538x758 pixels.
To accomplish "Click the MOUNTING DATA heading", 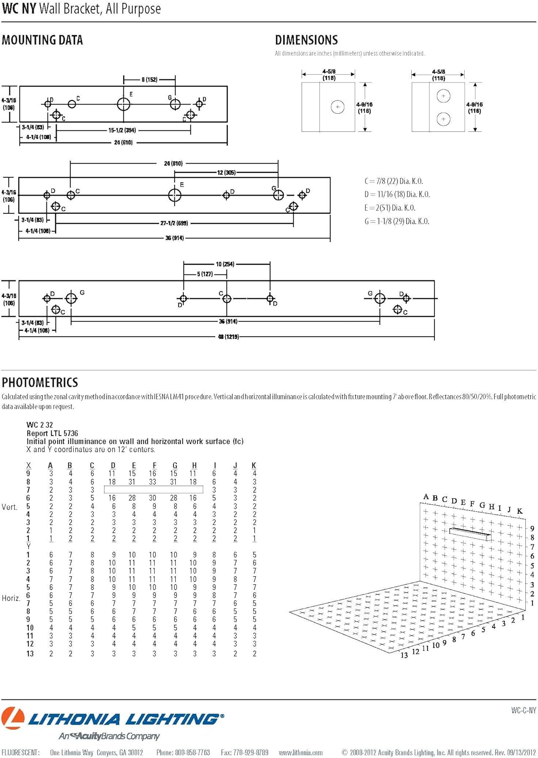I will click(x=42, y=40).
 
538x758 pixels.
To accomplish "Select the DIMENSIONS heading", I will click(x=306, y=40).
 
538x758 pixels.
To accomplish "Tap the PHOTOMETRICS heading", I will click(x=40, y=383).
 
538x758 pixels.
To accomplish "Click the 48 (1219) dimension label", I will click(x=228, y=337).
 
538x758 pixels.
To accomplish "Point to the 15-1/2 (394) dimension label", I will click(x=122, y=130).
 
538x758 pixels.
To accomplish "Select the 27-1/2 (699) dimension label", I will click(x=174, y=223).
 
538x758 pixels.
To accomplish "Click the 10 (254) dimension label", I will click(x=225, y=264).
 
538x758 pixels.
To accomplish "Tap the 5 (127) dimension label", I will click(x=205, y=274).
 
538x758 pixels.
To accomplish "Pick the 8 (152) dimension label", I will click(x=150, y=80).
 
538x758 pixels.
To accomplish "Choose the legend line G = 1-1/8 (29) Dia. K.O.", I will click(x=397, y=221).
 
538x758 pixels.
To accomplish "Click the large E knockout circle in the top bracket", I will click(x=124, y=104).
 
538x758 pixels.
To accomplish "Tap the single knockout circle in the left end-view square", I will click(x=337, y=107).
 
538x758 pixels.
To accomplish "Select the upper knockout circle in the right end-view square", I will click(x=443, y=96).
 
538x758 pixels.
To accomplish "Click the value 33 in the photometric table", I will click(x=153, y=482).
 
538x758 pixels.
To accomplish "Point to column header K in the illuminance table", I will click(x=254, y=465).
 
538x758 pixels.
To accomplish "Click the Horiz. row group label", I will click(x=11, y=598).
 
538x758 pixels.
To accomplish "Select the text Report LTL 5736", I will click(x=52, y=433).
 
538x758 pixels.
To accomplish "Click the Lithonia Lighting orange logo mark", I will click(x=13, y=718).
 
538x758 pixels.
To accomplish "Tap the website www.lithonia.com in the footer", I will click(x=301, y=752).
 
